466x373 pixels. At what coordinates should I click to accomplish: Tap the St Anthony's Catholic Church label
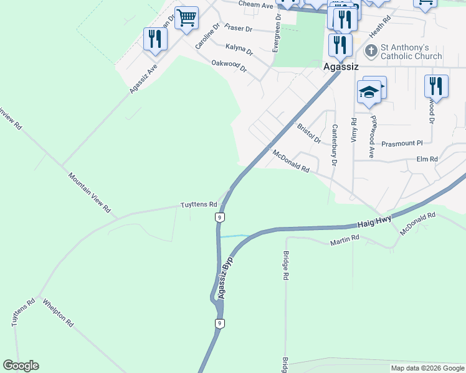click(411, 52)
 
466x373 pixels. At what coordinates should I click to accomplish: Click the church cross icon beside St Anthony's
click(371, 50)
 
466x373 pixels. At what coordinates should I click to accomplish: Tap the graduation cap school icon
click(369, 92)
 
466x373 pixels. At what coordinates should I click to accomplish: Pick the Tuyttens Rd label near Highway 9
click(198, 204)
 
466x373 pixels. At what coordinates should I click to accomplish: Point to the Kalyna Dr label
click(239, 50)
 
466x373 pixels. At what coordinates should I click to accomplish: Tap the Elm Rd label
click(427, 160)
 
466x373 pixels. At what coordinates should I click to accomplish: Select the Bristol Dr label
click(308, 133)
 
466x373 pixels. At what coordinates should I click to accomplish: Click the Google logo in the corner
click(21, 366)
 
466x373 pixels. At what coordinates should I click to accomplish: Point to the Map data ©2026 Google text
click(427, 368)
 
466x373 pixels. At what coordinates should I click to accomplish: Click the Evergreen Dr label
click(277, 34)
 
